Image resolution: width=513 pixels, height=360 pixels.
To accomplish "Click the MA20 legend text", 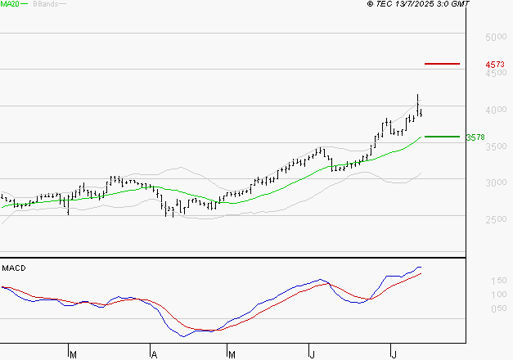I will pos(11,4).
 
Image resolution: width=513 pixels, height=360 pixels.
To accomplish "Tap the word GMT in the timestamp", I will pos(461,4).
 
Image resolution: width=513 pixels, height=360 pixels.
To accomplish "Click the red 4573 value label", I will pos(494,64).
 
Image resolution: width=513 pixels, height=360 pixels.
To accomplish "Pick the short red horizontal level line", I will pos(442,63).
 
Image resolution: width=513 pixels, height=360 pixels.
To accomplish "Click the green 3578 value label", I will pos(475,137).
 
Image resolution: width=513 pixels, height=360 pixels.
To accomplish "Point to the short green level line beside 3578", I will pos(442,137).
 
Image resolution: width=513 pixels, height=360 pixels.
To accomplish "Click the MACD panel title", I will pos(13,268).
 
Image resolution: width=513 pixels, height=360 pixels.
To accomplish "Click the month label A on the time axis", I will pos(153,354).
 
